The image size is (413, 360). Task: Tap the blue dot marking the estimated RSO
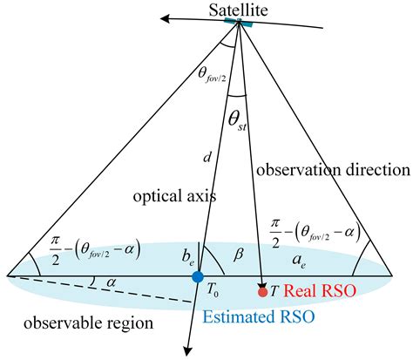tap(198, 277)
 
